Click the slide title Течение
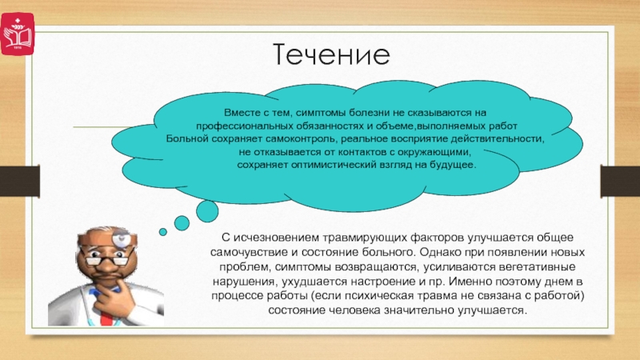[x=331, y=54]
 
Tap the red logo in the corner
[x=17, y=34]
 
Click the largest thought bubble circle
[x=207, y=211]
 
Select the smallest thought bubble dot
[x=163, y=232]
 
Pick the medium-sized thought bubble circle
[x=182, y=223]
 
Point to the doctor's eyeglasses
[x=106, y=258]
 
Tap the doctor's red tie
[x=106, y=314]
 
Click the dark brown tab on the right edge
[x=620, y=182]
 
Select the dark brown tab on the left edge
[x=19, y=182]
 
